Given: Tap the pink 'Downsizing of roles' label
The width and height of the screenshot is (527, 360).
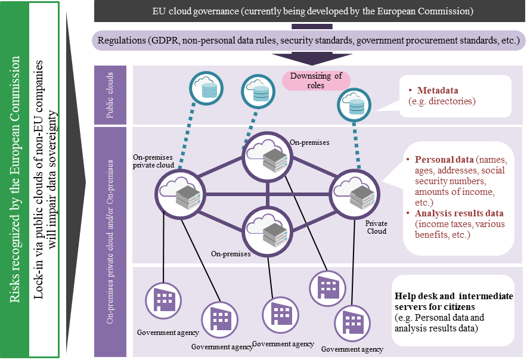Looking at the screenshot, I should [x=315, y=80].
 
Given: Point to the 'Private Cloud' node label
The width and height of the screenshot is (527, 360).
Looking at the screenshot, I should [x=376, y=227].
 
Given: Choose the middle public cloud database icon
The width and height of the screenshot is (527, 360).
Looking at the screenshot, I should [x=259, y=92].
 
